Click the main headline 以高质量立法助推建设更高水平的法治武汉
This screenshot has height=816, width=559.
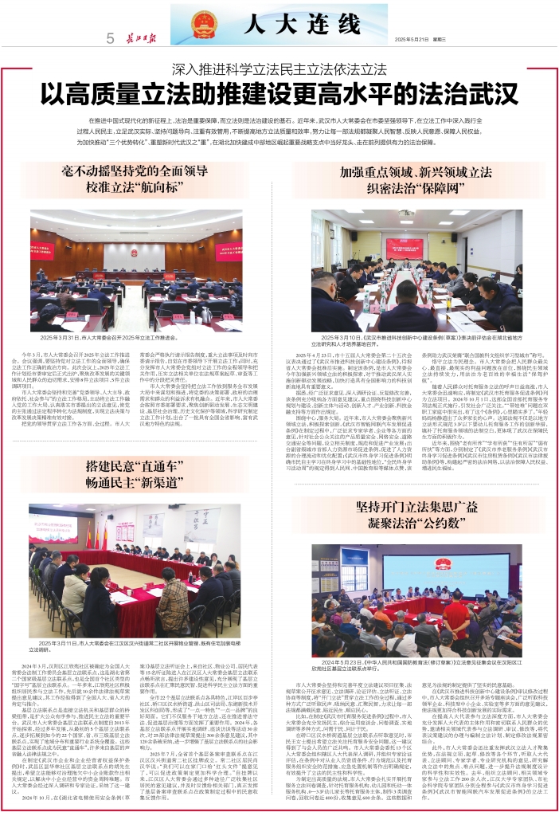tap(279, 92)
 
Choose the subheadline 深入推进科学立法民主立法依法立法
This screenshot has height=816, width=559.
tap(279, 69)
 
